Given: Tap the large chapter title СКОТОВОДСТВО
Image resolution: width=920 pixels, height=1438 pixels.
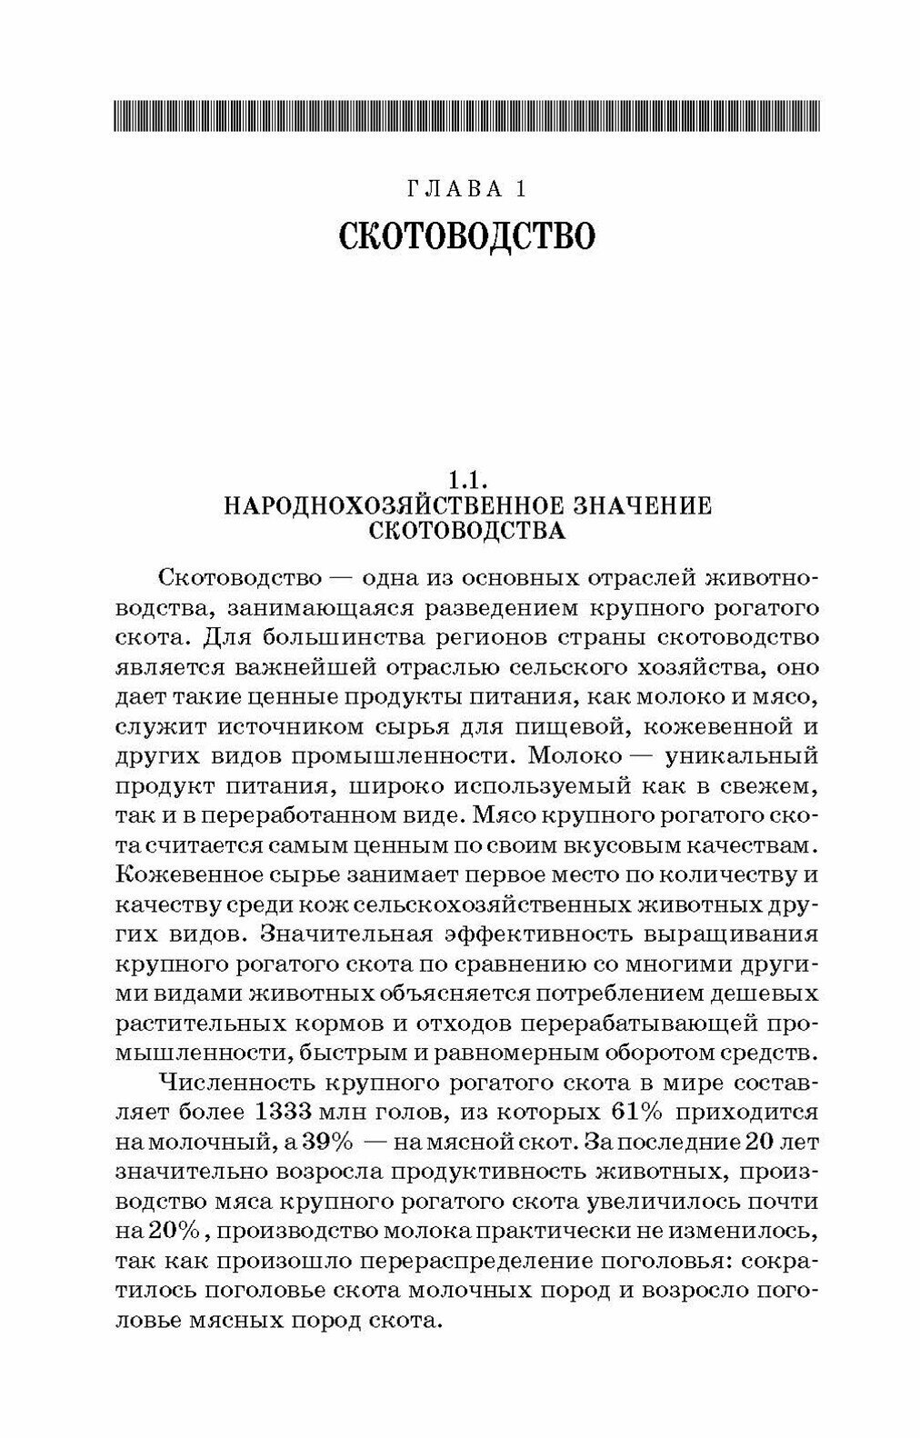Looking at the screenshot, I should tap(466, 236).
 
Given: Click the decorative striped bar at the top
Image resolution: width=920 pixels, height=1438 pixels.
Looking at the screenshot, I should tap(466, 116).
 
